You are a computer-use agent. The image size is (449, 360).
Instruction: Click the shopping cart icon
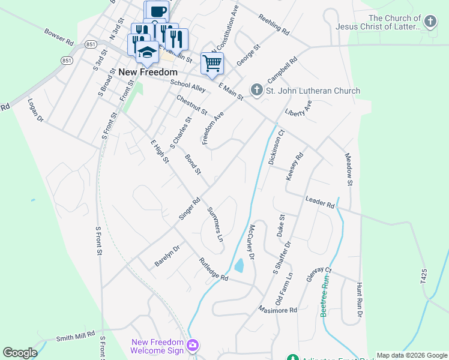point(212,62)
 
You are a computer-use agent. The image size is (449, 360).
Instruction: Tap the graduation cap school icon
point(146,52)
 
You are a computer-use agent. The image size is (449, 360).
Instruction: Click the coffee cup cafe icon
point(157,11)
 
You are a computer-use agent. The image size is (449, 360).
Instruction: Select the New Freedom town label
point(143,72)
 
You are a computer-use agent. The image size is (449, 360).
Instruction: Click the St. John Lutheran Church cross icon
point(256,91)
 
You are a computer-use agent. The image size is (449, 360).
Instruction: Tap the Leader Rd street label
point(319,202)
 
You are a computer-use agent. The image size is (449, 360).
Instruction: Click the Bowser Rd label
point(58,36)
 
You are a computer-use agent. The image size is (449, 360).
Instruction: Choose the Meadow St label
point(349,168)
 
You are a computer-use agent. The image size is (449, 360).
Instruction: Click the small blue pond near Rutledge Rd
point(239,265)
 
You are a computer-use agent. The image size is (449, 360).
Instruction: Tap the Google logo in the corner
point(20,353)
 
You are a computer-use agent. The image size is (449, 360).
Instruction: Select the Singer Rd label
point(189,209)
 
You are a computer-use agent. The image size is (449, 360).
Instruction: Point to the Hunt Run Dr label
point(359,300)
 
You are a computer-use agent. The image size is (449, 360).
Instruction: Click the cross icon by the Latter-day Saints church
point(430,23)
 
